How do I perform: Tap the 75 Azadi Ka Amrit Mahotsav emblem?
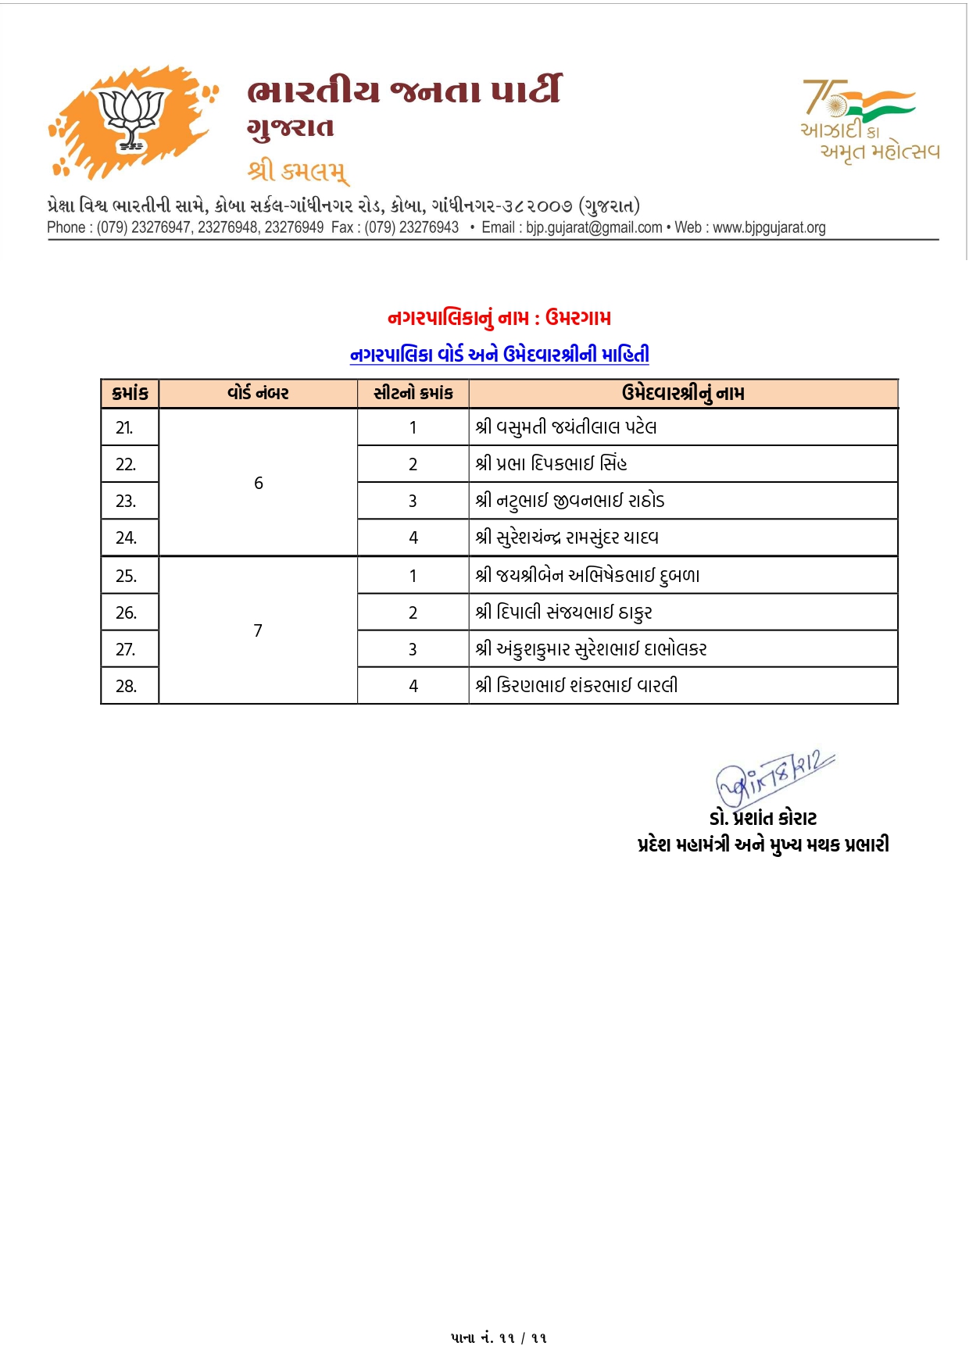(869, 119)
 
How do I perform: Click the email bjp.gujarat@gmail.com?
(594, 227)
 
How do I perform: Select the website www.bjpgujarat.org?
(769, 227)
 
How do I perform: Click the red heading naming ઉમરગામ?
(499, 318)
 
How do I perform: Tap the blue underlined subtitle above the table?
(499, 355)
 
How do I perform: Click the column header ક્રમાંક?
(130, 393)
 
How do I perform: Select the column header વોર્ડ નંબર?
(258, 393)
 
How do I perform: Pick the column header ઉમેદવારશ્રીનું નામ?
(683, 393)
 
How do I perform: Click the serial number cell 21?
(125, 427)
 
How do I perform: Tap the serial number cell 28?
(126, 686)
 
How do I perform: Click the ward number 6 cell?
(259, 483)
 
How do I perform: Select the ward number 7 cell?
(258, 630)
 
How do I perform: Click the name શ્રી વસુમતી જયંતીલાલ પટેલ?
(566, 427)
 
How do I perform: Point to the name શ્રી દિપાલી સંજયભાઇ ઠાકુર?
(563, 612)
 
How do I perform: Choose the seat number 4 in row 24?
(413, 537)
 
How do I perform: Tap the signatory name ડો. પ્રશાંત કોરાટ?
(763, 818)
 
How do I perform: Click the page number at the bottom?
(499, 1338)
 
